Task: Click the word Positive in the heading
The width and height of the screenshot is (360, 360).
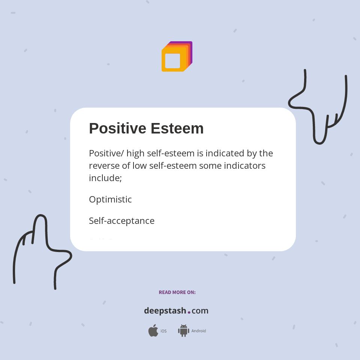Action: click(x=117, y=128)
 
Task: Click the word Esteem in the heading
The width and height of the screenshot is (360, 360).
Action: click(x=177, y=128)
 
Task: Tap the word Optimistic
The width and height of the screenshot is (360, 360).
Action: click(x=110, y=199)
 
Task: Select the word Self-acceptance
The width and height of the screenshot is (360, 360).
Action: click(x=121, y=221)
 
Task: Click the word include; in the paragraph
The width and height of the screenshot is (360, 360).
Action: click(x=105, y=178)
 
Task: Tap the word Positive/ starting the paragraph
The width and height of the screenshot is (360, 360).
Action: click(x=106, y=153)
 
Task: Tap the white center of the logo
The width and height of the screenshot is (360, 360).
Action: click(x=172, y=61)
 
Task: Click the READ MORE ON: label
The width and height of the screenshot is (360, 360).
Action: click(x=177, y=292)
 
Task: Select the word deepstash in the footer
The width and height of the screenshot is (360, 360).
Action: click(x=165, y=311)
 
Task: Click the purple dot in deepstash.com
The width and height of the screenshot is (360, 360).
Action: click(x=189, y=312)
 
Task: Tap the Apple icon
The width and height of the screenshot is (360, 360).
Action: click(x=153, y=331)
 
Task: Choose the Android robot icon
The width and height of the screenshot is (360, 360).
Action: click(x=183, y=330)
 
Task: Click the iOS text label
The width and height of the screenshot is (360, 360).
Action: click(x=163, y=331)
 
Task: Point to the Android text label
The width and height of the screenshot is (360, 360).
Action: click(x=199, y=331)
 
